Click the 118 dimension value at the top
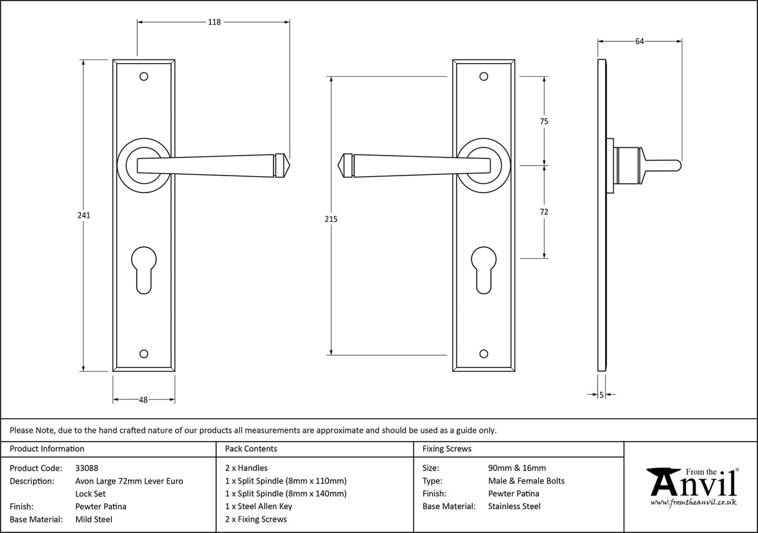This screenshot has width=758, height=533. [214, 22]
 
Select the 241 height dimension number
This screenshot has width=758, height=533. [84, 216]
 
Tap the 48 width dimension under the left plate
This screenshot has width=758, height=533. [143, 400]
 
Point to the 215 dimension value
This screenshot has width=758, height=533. [331, 219]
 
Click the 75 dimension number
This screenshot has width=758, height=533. [544, 122]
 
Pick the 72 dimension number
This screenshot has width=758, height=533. [544, 212]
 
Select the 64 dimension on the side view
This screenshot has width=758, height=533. [639, 41]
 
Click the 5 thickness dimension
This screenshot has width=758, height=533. [601, 394]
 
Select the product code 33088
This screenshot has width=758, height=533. [86, 468]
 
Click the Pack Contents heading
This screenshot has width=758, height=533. [250, 449]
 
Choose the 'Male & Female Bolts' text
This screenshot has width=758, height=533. [526, 481]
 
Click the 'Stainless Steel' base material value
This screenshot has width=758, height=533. [514, 506]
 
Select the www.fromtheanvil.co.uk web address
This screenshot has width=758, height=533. [693, 502]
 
